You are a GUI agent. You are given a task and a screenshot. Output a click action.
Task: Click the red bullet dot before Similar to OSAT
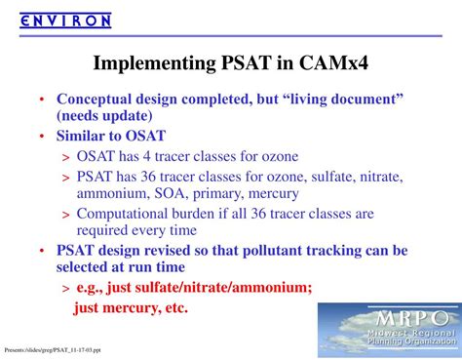(x=41, y=137)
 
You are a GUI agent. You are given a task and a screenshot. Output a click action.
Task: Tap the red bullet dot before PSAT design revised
(x=41, y=251)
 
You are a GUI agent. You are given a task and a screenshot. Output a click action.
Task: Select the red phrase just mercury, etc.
(x=131, y=308)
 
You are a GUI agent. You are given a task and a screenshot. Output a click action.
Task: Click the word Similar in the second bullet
(x=84, y=137)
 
